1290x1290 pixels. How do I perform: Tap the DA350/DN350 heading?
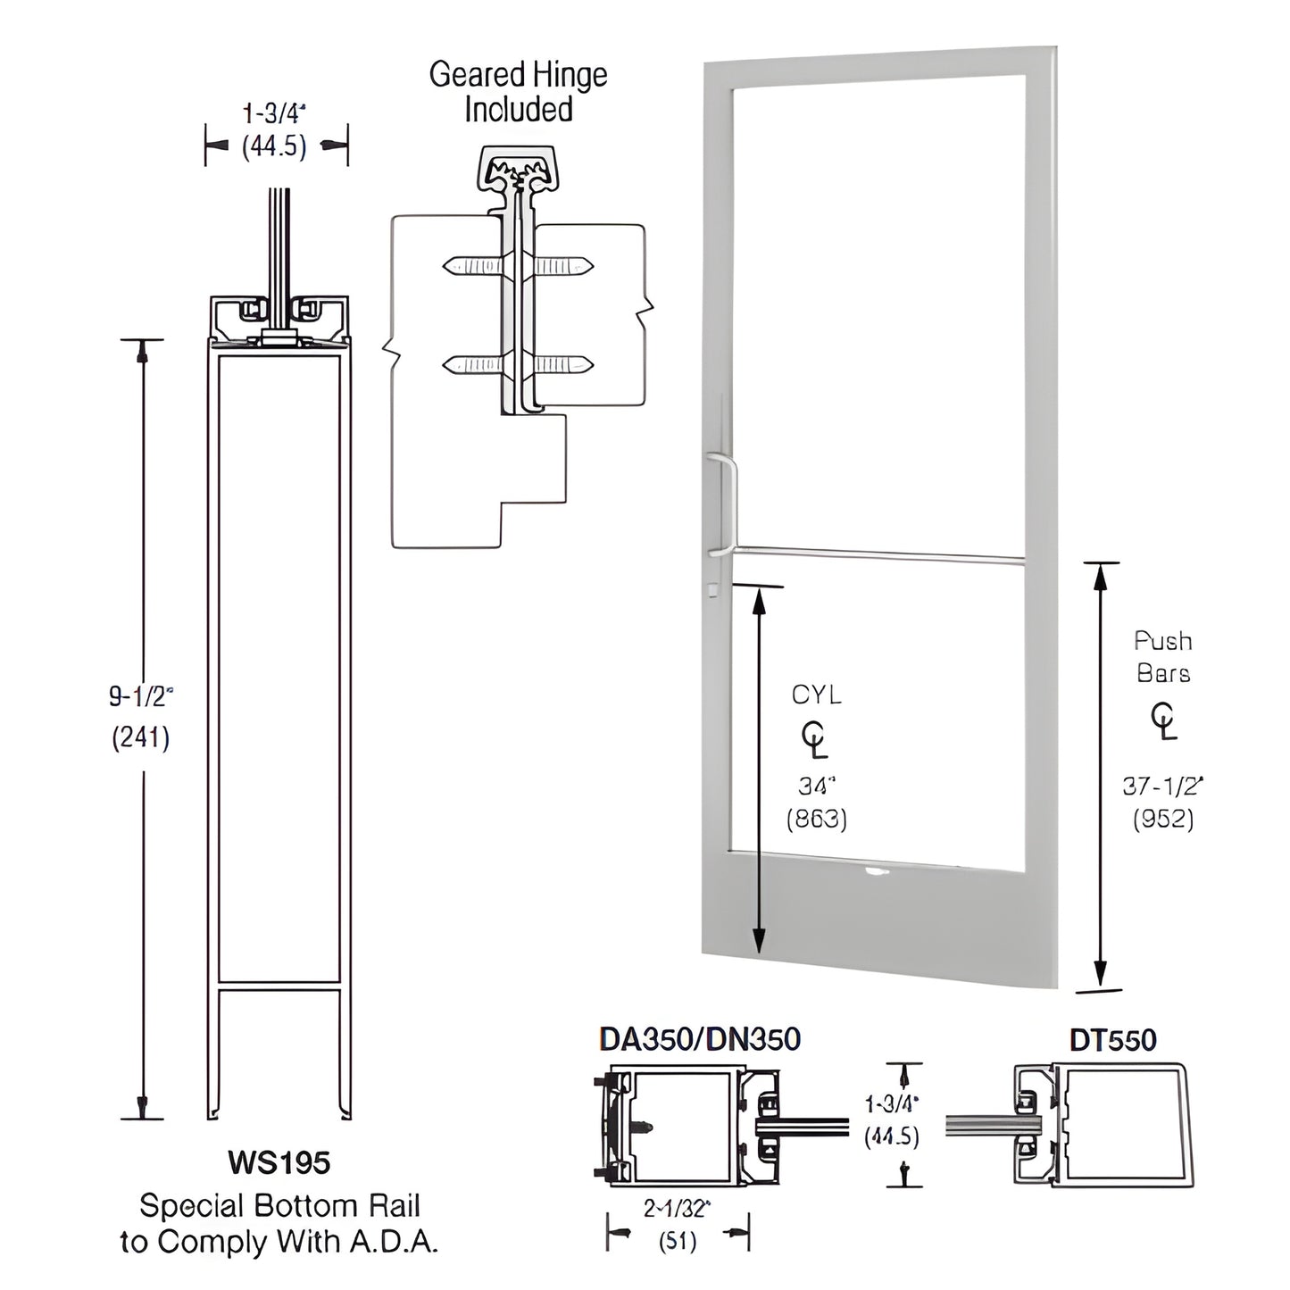pyautogui.click(x=700, y=1039)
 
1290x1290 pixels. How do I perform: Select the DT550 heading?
pyautogui.click(x=1112, y=1040)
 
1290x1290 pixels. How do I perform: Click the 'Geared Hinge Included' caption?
pyautogui.click(x=518, y=92)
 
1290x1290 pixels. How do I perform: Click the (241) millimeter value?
pyautogui.click(x=140, y=737)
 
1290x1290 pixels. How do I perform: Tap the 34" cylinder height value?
pyautogui.click(x=816, y=786)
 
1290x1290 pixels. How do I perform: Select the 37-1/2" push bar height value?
pyautogui.click(x=1162, y=786)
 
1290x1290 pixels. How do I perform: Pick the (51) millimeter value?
pyautogui.click(x=677, y=1241)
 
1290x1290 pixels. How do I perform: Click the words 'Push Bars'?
pyautogui.click(x=1162, y=656)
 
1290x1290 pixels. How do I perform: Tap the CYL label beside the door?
pyautogui.click(x=816, y=695)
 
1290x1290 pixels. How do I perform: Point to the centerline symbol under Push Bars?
pyautogui.click(x=1163, y=721)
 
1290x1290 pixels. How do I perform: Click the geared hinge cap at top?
pyautogui.click(x=517, y=168)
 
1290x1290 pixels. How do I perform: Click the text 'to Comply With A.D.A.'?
pyautogui.click(x=279, y=1242)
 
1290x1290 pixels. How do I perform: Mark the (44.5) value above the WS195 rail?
pyautogui.click(x=274, y=146)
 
